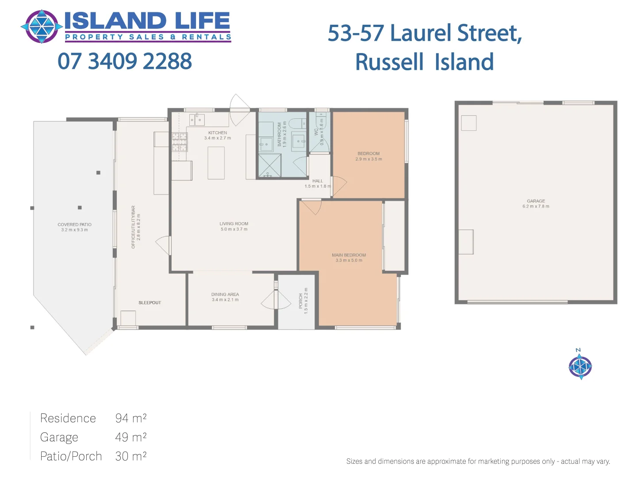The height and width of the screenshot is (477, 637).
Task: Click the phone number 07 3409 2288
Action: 125,61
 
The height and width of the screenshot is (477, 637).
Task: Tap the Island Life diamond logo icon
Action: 42,26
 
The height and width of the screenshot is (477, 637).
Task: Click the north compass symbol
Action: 580,366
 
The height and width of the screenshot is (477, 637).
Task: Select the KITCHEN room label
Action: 218,132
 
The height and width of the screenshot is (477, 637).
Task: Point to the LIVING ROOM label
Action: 234,223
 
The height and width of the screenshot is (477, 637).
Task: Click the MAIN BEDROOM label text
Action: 349,255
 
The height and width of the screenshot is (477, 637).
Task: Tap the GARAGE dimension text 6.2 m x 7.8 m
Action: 536,206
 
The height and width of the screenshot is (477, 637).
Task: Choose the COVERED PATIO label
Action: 74,224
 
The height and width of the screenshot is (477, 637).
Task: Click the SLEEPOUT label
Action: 150,303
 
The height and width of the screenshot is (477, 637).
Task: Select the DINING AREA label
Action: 225,294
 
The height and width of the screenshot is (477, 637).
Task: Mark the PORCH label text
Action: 301,301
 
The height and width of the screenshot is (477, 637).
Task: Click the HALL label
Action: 318,181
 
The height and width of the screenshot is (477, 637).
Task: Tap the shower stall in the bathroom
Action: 269,165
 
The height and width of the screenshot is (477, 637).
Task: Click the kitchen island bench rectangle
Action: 216,163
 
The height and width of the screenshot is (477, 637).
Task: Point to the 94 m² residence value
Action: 130,418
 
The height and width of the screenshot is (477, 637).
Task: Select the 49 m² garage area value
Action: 130,437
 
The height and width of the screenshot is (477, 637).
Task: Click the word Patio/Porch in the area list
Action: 71,456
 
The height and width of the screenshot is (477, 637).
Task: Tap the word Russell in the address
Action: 389,62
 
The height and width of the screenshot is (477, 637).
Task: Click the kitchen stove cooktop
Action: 180,142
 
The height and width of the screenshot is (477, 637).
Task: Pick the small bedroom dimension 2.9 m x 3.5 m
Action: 368,159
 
